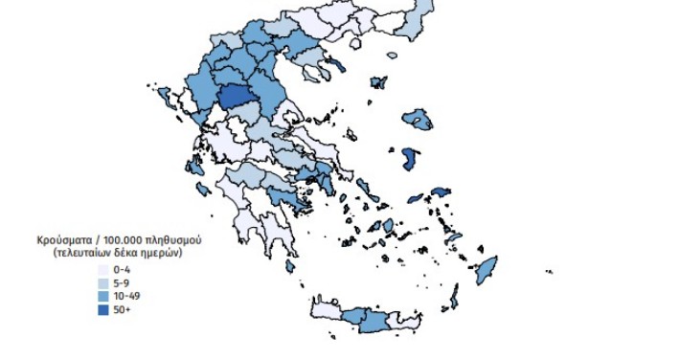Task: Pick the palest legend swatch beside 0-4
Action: [x=103, y=270]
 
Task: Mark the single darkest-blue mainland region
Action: [x=234, y=97]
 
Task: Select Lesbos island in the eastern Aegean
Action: [x=418, y=120]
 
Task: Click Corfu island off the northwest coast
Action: [x=165, y=97]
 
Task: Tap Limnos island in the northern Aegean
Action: [x=379, y=83]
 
